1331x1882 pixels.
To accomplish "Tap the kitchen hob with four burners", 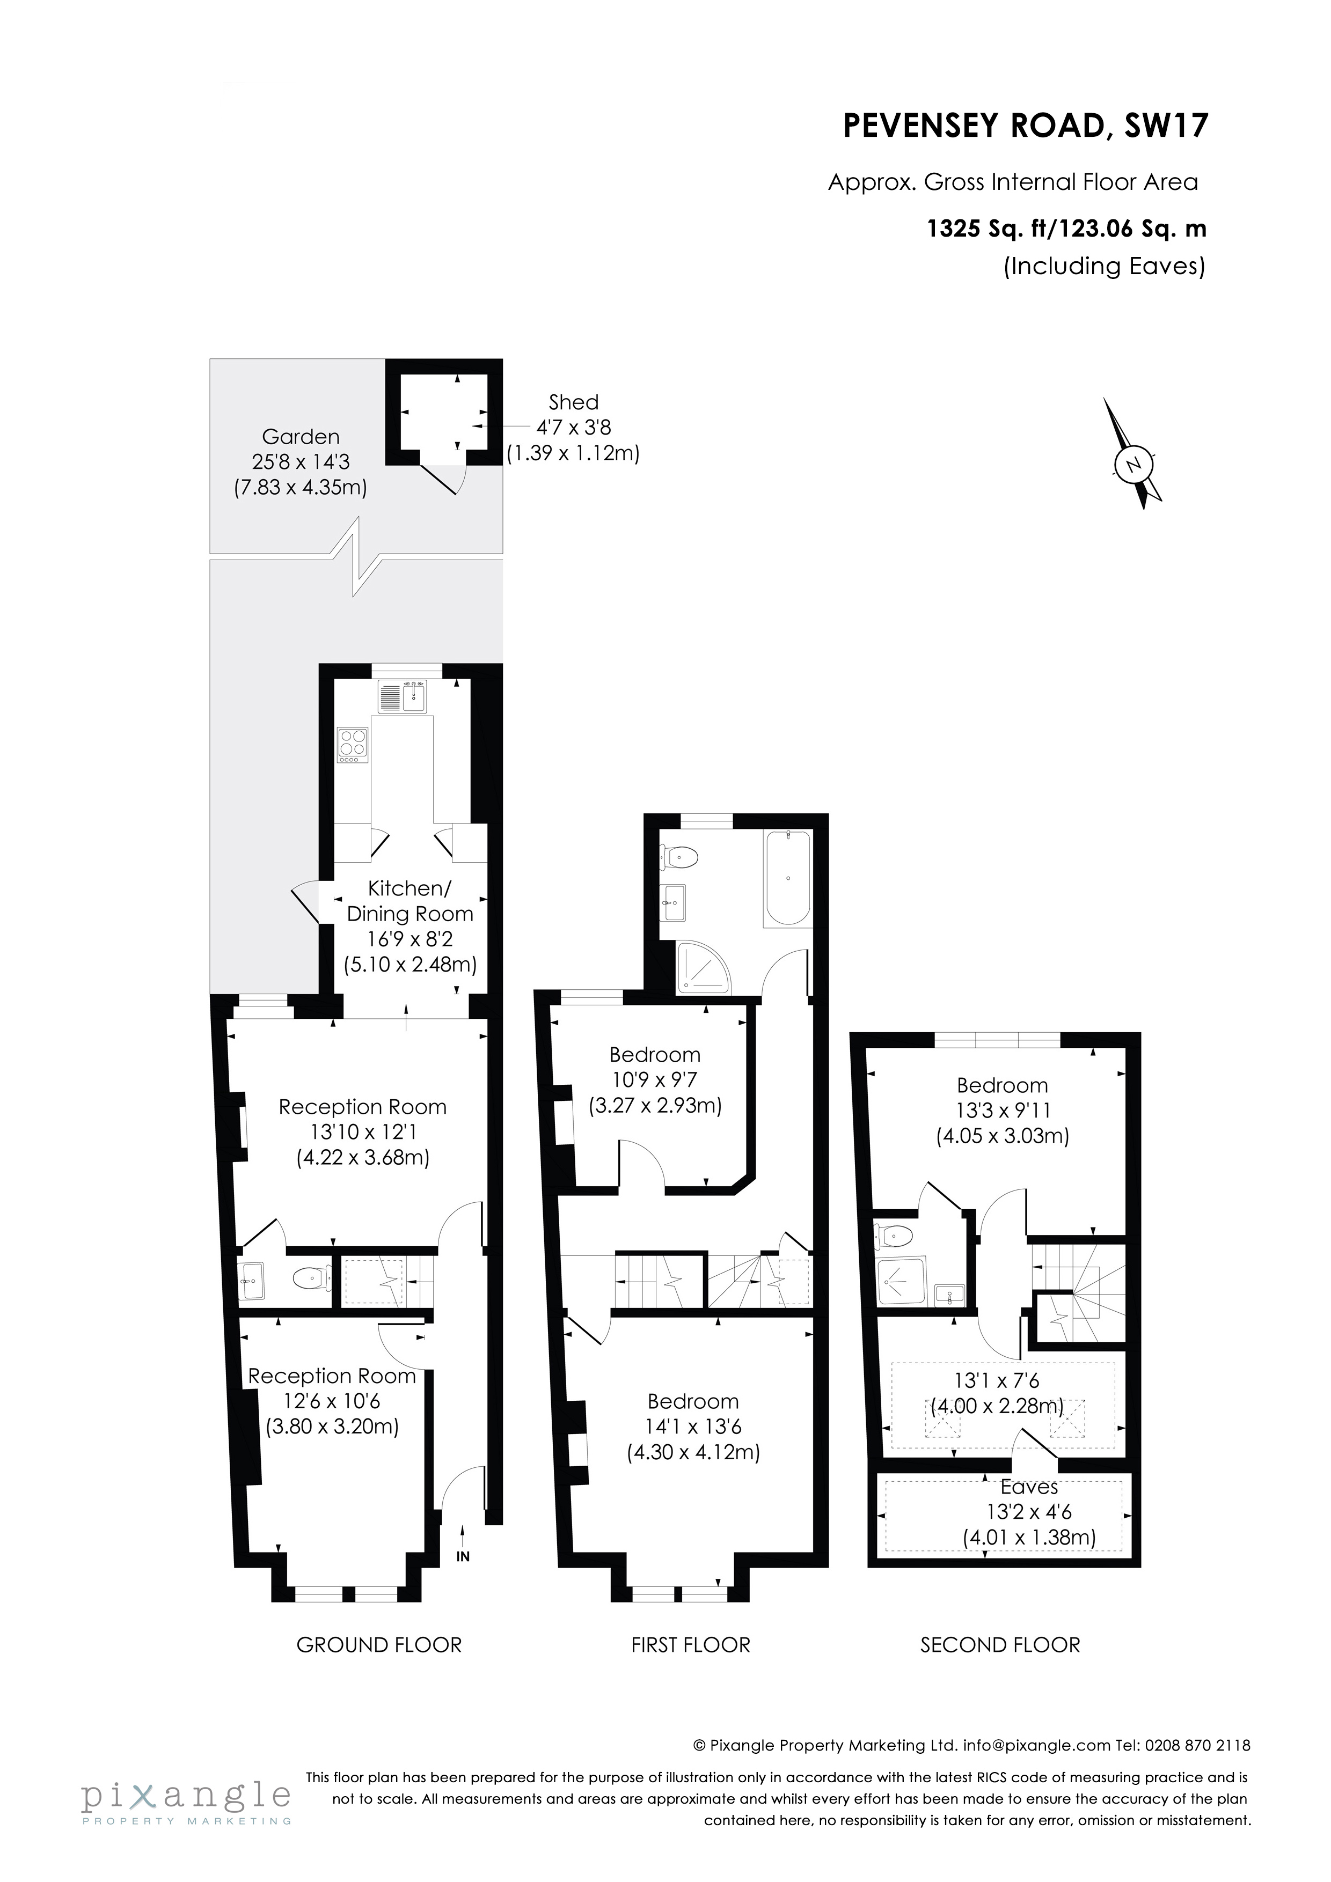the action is (x=354, y=745).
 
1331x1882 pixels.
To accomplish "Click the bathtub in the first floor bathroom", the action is (x=787, y=878).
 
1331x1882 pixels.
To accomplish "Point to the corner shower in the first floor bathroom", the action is (x=703, y=967).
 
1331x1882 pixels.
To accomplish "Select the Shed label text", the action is (x=573, y=402).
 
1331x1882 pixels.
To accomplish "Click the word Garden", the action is (x=300, y=437).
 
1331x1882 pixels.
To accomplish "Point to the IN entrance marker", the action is (x=463, y=1556).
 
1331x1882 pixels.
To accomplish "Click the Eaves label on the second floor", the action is (x=1029, y=1487).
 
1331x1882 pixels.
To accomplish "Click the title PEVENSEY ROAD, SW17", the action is (x=1026, y=126).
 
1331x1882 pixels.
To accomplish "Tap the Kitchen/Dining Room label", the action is (x=410, y=901).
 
